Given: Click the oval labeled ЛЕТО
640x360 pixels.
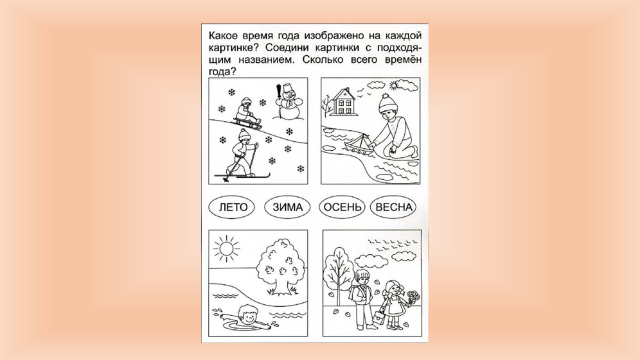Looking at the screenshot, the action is [231, 207].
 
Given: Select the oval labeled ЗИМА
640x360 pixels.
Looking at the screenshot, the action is [287, 207].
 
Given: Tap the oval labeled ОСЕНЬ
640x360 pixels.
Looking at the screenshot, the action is [342, 207].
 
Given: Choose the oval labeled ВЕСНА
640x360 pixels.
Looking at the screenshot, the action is [393, 207].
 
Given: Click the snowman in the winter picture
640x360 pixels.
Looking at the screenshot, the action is [286, 102].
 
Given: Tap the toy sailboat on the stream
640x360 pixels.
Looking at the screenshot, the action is [360, 145].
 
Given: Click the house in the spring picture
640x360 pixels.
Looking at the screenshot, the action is [343, 102].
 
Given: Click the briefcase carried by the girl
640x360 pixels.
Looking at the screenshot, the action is [377, 316].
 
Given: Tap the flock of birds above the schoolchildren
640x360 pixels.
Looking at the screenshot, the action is [393, 245].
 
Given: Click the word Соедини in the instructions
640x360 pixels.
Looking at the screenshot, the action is [288, 47].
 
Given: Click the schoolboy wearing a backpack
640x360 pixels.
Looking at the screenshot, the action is [361, 299].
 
